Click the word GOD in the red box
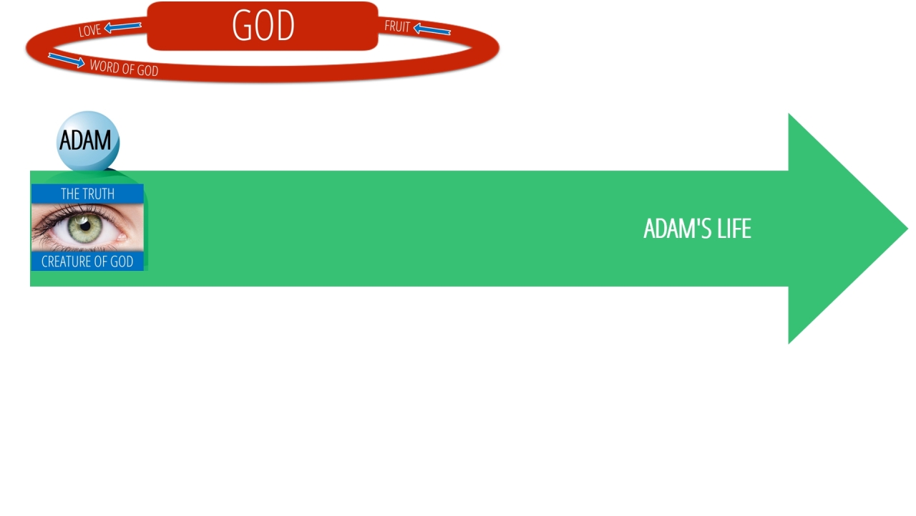click(263, 25)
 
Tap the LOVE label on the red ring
click(89, 30)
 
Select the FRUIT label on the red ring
click(397, 27)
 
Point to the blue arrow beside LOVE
click(122, 27)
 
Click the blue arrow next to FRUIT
click(432, 29)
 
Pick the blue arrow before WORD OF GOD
click(67, 61)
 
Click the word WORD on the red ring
click(105, 66)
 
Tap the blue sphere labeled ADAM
click(87, 140)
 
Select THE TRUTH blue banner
click(87, 193)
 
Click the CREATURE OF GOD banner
click(87, 262)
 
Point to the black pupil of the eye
click(85, 226)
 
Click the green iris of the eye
click(85, 227)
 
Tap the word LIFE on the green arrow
click(734, 229)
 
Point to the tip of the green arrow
click(907, 228)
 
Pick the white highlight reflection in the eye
click(82, 221)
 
